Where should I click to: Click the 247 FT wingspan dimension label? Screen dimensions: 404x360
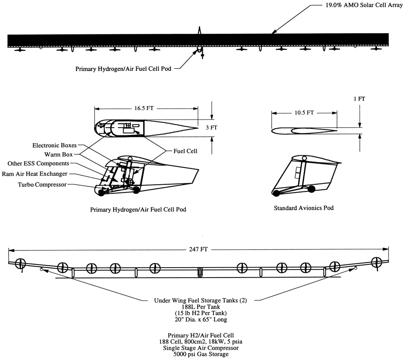(198, 250)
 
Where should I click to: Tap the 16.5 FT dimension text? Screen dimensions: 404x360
(144, 108)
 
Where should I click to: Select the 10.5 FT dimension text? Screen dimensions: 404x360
(304, 113)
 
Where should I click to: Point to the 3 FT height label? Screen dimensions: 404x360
(212, 128)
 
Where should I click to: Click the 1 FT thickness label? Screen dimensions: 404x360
(360, 99)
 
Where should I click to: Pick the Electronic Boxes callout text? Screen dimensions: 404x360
(55, 145)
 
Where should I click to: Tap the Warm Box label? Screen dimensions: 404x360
(58, 154)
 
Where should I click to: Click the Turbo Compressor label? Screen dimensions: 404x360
(42, 185)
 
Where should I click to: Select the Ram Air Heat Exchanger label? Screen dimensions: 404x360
(34, 174)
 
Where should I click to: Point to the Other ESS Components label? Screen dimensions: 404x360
(38, 163)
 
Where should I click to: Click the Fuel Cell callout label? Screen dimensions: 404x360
(185, 151)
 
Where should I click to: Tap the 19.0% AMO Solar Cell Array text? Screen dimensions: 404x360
(364, 5)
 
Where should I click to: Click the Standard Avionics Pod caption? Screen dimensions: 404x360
(303, 208)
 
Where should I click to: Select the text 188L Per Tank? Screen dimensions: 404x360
(201, 307)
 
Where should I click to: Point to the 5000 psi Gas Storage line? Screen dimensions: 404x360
(201, 354)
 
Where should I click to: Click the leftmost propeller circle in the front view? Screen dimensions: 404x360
(20, 264)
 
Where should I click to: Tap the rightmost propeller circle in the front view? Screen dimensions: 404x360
(376, 262)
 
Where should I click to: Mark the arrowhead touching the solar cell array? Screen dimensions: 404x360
(274, 32)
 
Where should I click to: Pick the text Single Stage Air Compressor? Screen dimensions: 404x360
(201, 348)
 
